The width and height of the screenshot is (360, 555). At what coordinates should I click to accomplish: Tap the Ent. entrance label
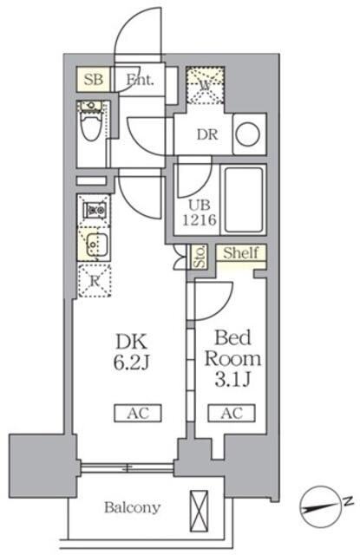[139, 80]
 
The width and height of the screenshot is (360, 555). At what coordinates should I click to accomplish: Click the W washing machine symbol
[206, 86]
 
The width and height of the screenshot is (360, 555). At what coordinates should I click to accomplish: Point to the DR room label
[207, 134]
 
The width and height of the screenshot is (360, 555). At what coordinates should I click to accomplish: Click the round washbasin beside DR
[247, 134]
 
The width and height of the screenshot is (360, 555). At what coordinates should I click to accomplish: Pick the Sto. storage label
[199, 258]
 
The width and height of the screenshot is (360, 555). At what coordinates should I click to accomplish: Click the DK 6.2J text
[129, 352]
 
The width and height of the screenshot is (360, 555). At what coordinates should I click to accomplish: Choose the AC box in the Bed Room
[230, 413]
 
